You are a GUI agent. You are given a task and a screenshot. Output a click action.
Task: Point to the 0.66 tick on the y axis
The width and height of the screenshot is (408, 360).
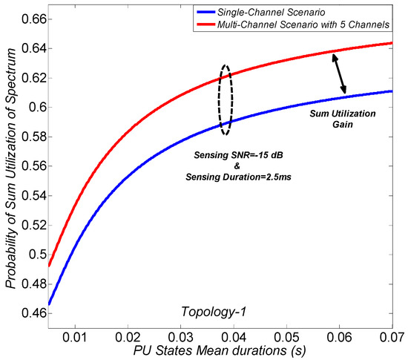pos(28,19)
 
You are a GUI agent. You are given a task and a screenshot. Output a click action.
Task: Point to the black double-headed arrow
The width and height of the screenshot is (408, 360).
pos(338,75)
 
